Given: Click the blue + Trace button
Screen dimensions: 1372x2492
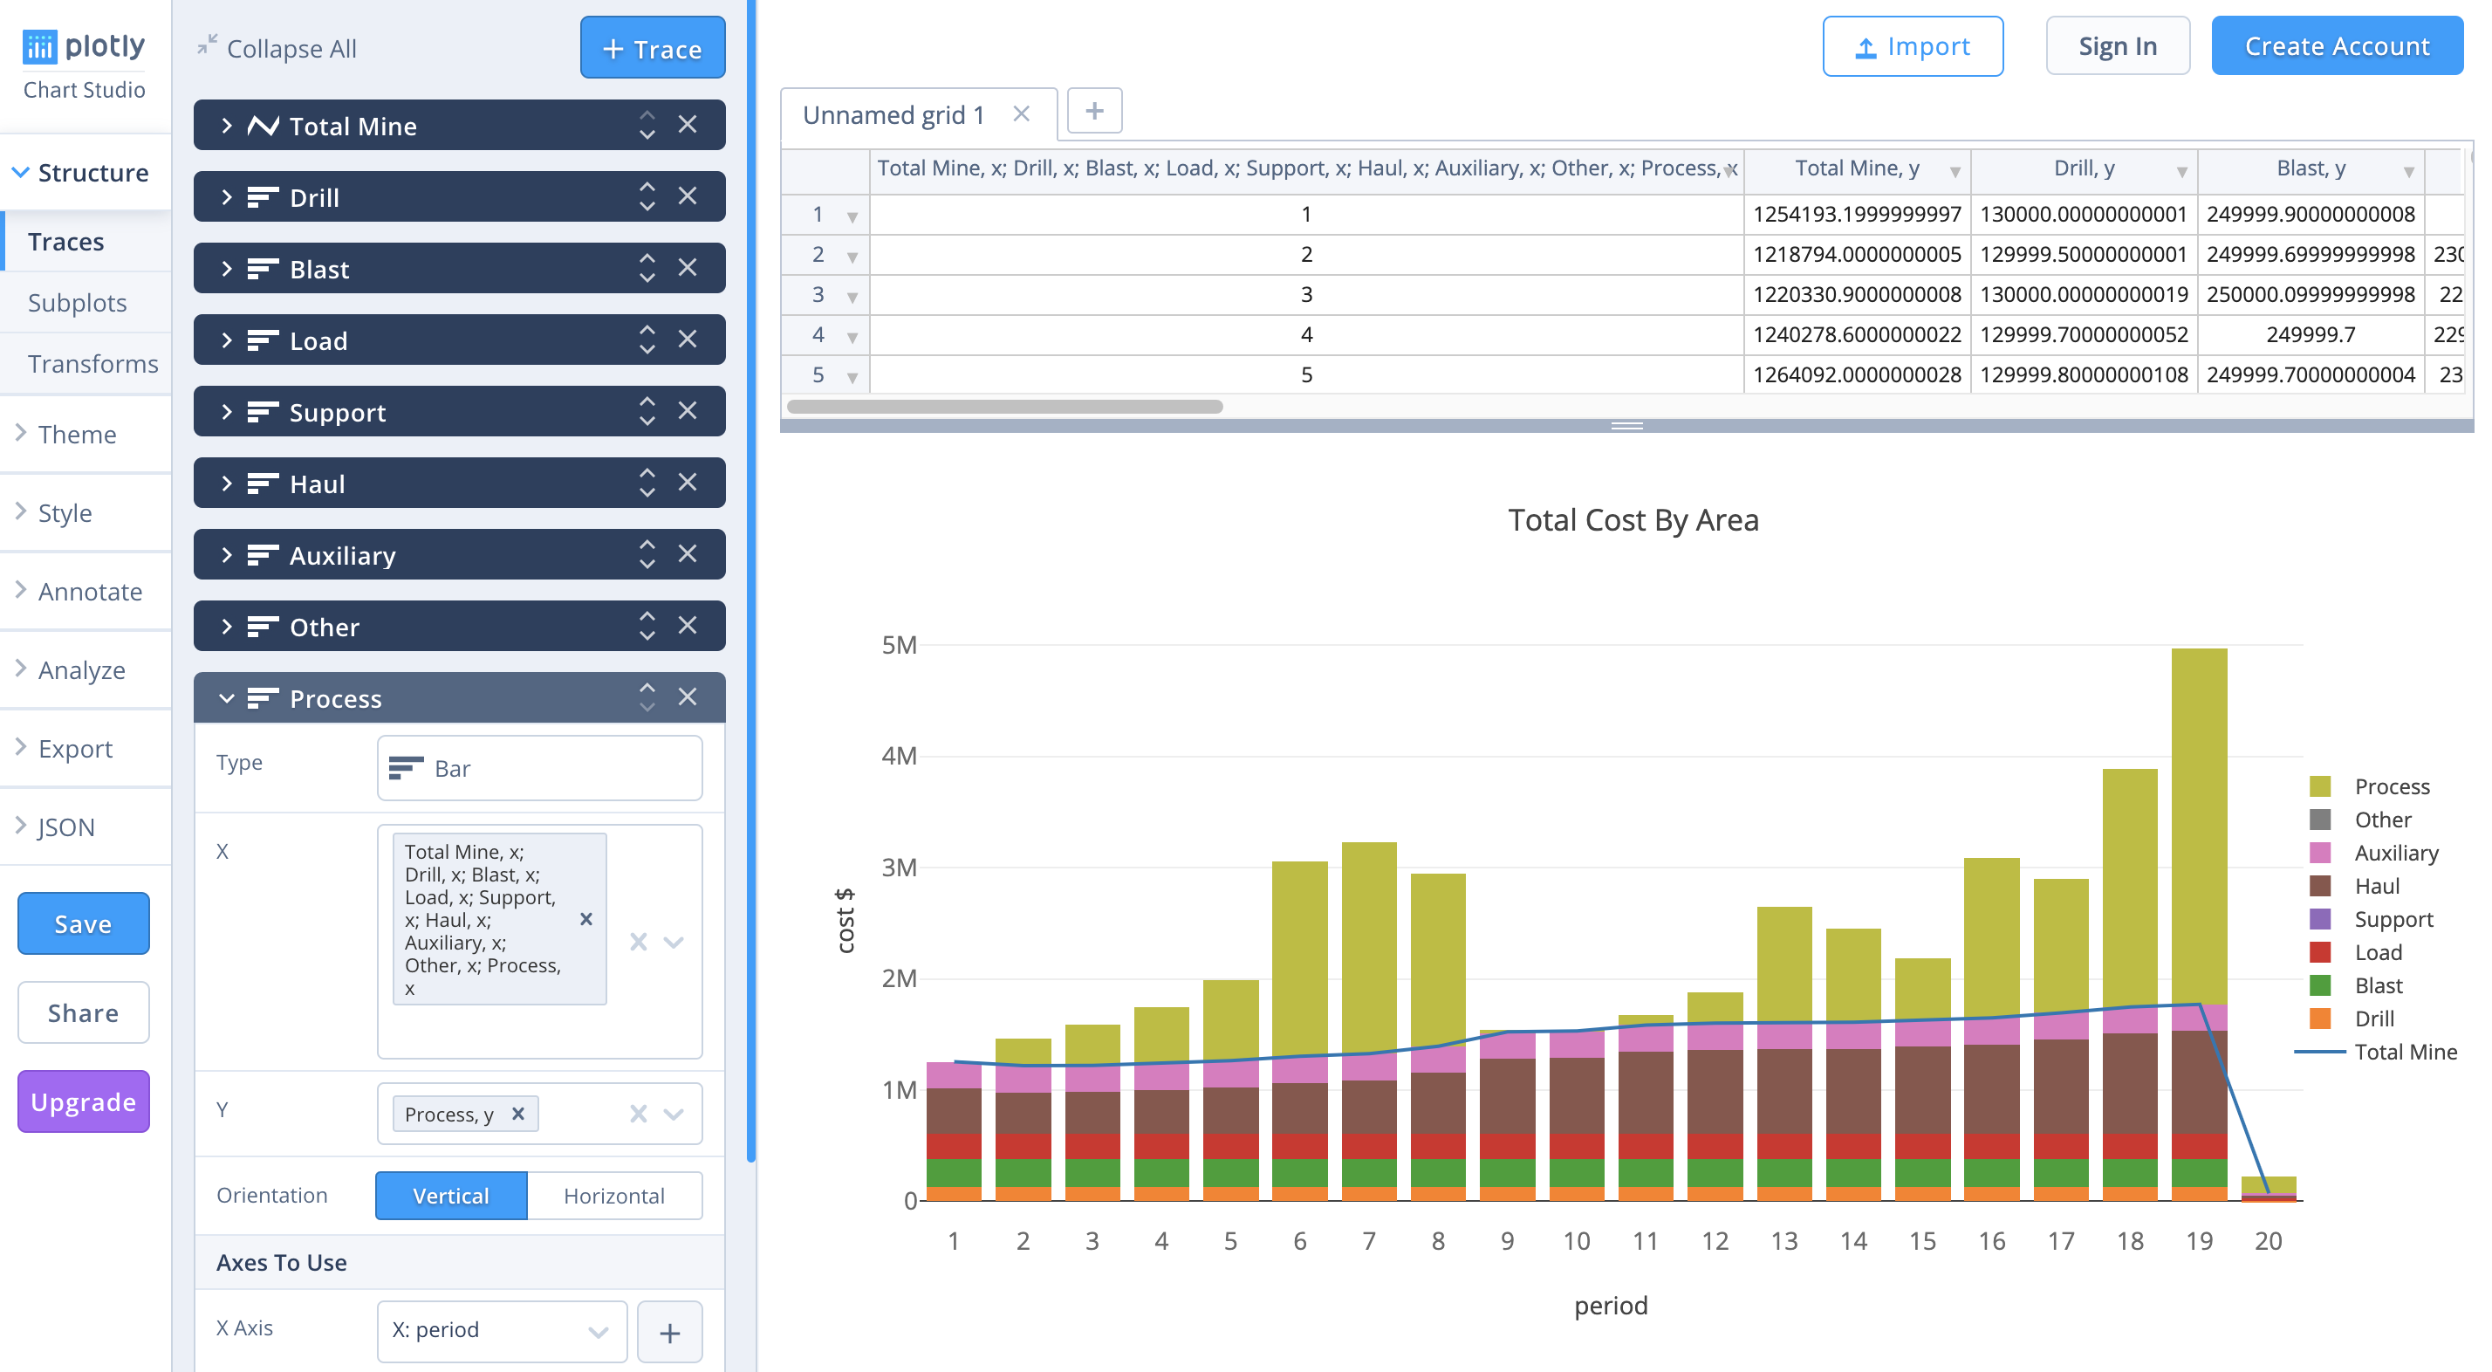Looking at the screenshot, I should click(x=652, y=48).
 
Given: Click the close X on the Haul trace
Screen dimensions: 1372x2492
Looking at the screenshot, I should click(x=687, y=482).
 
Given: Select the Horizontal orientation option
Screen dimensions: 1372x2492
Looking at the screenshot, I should click(x=613, y=1196).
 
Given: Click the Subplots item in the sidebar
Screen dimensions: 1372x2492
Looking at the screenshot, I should click(x=78, y=303).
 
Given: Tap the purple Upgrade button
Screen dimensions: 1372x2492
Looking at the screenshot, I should click(x=83, y=1101).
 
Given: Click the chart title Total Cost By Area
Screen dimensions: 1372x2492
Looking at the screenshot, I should click(x=1632, y=520).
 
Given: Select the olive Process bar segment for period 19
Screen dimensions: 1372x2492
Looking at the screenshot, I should click(x=2198, y=822).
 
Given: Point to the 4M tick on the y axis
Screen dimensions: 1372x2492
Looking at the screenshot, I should click(x=899, y=756).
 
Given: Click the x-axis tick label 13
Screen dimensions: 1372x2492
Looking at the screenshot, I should click(x=1783, y=1240).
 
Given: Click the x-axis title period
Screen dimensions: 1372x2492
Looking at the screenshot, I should click(x=1610, y=1306).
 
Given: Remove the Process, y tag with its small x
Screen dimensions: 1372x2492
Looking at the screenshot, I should click(x=517, y=1114).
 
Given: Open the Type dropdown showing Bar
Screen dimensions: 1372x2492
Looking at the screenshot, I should click(x=539, y=768).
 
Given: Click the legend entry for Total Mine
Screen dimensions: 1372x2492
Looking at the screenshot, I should click(x=2404, y=1052).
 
